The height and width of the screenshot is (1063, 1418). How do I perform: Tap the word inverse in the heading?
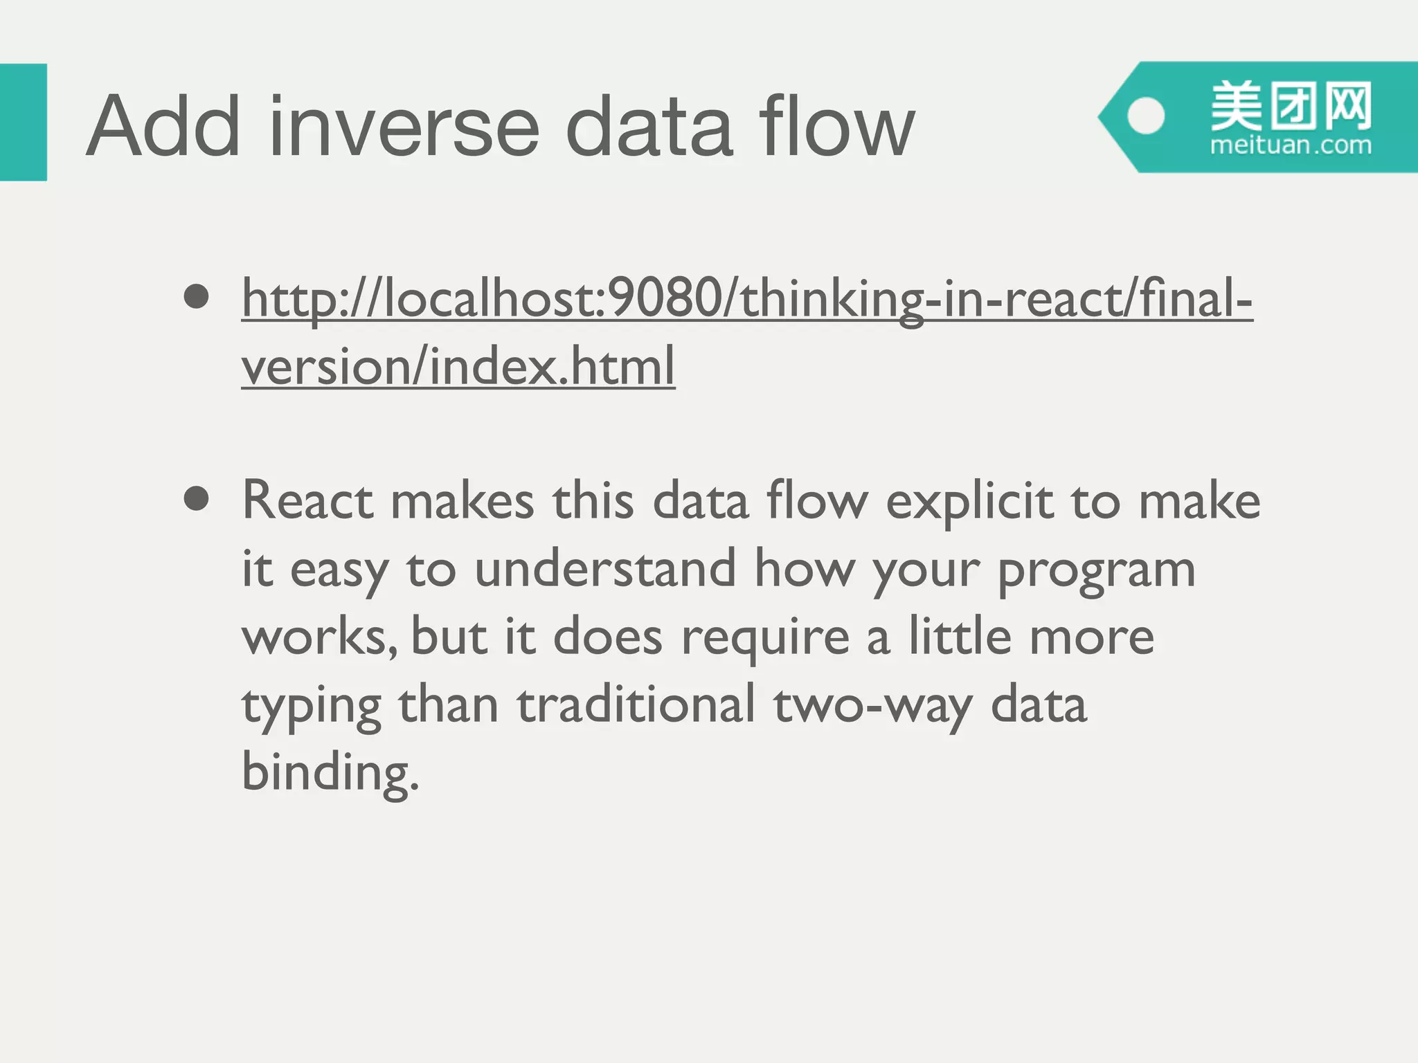(x=403, y=127)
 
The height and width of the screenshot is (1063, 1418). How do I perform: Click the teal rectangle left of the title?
(x=23, y=122)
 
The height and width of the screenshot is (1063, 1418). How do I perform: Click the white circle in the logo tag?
(x=1146, y=116)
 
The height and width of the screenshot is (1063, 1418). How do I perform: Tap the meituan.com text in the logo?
(x=1291, y=146)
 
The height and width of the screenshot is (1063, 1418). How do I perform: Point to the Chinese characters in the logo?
(x=1291, y=107)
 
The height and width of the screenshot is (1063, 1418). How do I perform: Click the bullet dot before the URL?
(x=197, y=297)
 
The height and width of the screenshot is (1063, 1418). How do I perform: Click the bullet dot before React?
(x=197, y=499)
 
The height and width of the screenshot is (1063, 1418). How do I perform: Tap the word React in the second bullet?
(x=308, y=500)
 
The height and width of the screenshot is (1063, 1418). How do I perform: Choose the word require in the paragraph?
(x=765, y=637)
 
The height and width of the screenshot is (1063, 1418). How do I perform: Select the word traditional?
(x=636, y=705)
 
